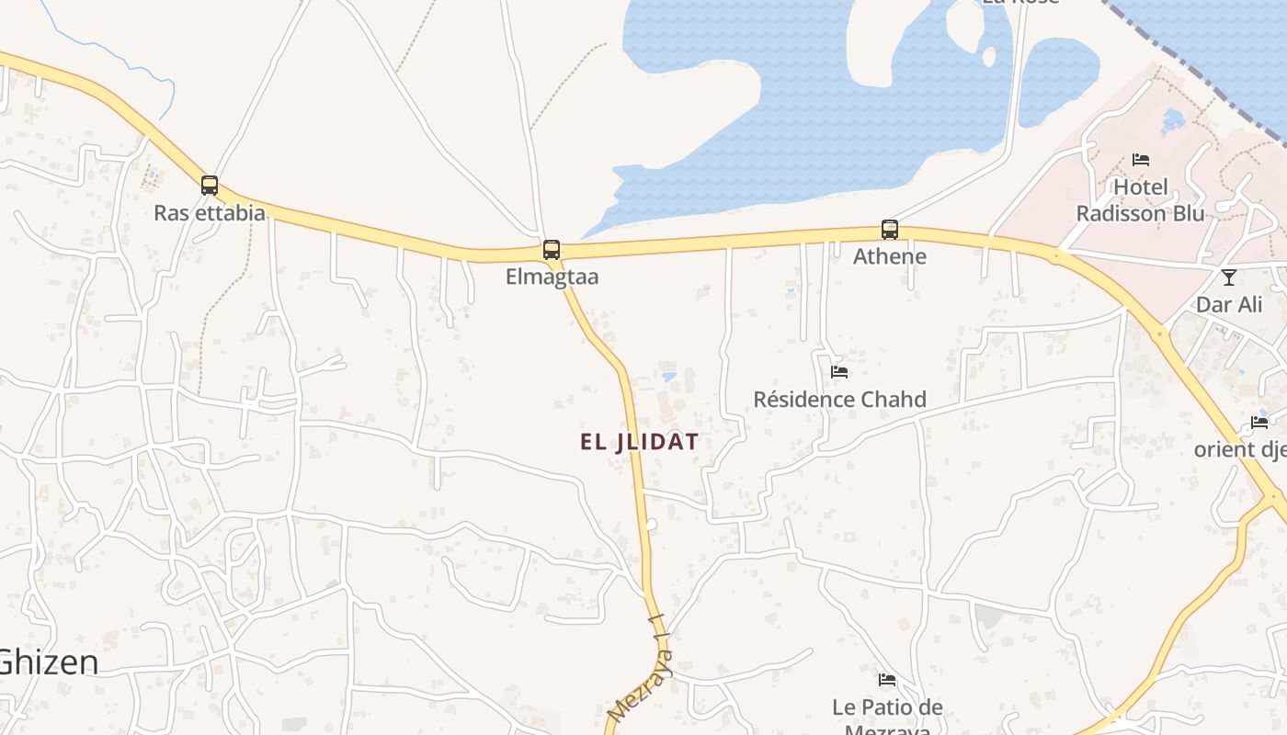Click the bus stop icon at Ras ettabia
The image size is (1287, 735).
pos(210,186)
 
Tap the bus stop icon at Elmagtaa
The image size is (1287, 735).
pos(552,249)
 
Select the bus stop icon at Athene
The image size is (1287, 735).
pos(890,229)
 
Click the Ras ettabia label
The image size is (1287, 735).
pos(210,213)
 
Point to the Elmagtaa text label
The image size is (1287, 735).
pos(552,277)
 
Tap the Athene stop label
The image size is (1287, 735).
pos(890,255)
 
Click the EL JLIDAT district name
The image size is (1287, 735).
pos(639,442)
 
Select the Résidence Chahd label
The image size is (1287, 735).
pos(839,400)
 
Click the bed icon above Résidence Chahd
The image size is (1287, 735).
pos(839,372)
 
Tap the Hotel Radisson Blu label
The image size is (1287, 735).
pos(1140,200)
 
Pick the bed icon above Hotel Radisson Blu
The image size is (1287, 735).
pos(1141,160)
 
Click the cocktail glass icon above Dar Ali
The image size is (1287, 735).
pos(1229,277)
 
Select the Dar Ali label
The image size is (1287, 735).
pos(1229,304)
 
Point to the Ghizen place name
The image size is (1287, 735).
pos(48,661)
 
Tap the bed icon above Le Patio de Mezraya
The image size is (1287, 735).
pos(887,680)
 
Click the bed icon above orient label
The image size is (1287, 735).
pos(1259,423)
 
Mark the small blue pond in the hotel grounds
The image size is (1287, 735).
pos(1172,119)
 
